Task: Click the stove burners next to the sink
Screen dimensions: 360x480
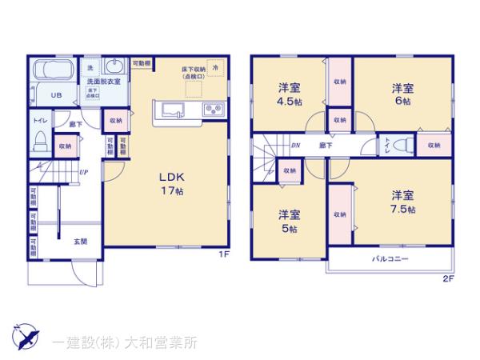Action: [x=213, y=110]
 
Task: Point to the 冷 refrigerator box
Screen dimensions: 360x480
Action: [x=214, y=70]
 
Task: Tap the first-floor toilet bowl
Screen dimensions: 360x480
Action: [x=38, y=145]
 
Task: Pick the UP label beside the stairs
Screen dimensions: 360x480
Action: [x=83, y=171]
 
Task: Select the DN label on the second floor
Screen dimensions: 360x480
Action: [x=295, y=146]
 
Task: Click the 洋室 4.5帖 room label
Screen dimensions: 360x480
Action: [x=290, y=95]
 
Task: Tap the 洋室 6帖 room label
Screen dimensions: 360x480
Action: [x=402, y=95]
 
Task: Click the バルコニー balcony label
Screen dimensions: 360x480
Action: [x=390, y=260]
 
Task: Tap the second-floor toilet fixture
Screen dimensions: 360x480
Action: [x=403, y=146]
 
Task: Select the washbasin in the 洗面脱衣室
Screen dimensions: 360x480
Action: [x=114, y=67]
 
